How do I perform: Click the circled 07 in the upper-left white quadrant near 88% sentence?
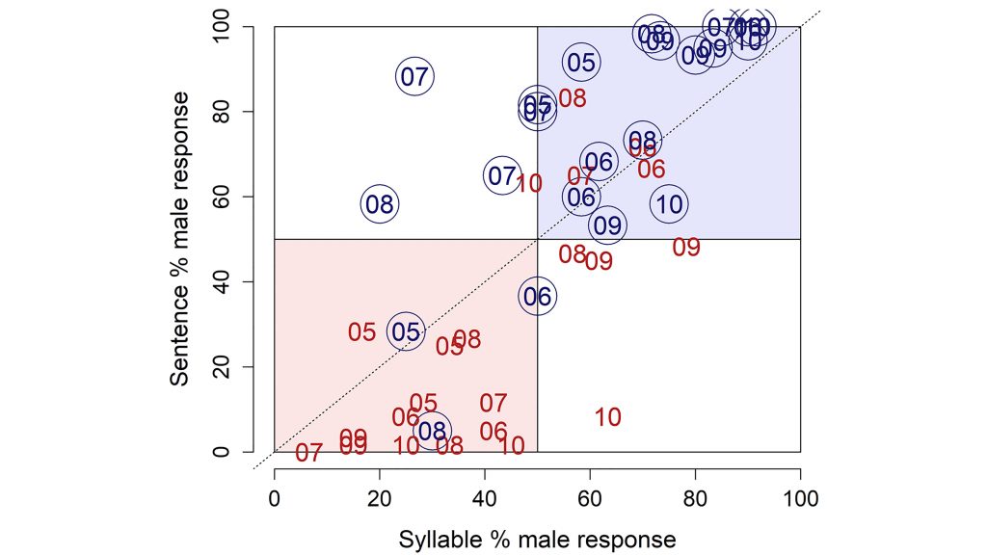(x=414, y=77)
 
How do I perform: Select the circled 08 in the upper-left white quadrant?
(x=380, y=204)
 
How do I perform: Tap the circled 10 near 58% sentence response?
(x=669, y=204)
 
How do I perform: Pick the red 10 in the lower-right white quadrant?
(x=607, y=418)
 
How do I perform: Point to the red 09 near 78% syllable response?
(x=686, y=248)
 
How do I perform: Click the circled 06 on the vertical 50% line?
(x=537, y=297)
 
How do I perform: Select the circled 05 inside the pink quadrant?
(x=406, y=332)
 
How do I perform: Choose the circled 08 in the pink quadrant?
(x=433, y=432)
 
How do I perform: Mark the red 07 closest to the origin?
(x=308, y=453)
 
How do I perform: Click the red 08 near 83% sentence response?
(x=573, y=98)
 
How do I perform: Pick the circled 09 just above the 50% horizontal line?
(x=607, y=225)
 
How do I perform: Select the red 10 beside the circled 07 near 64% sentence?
(x=529, y=183)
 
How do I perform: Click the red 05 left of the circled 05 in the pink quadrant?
(x=361, y=332)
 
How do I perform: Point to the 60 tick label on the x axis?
(x=590, y=500)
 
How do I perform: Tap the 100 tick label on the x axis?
(x=800, y=500)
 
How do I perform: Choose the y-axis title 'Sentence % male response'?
(x=180, y=240)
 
